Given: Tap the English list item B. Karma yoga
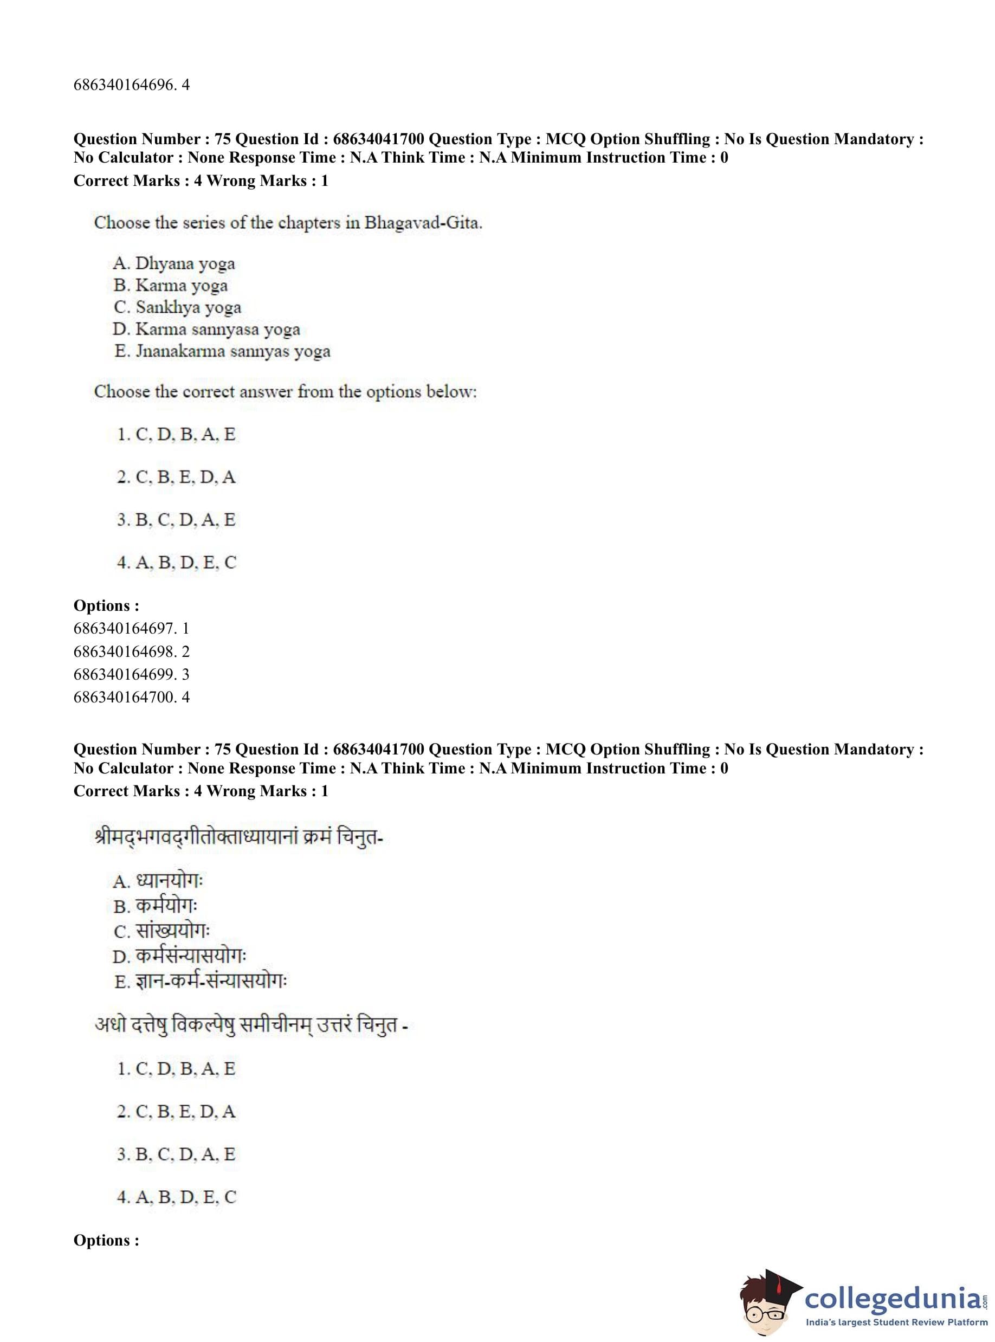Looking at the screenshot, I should (x=171, y=286).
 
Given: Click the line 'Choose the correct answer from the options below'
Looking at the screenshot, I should (x=285, y=392).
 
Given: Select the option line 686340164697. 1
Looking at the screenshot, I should (x=131, y=629).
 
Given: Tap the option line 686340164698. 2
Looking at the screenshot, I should (x=131, y=651).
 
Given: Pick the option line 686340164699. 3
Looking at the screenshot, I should (x=131, y=675).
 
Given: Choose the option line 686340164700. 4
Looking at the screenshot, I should (x=131, y=698).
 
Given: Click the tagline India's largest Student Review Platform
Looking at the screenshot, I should (x=896, y=1322).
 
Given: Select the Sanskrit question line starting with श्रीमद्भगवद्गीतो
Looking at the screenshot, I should (x=238, y=838).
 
